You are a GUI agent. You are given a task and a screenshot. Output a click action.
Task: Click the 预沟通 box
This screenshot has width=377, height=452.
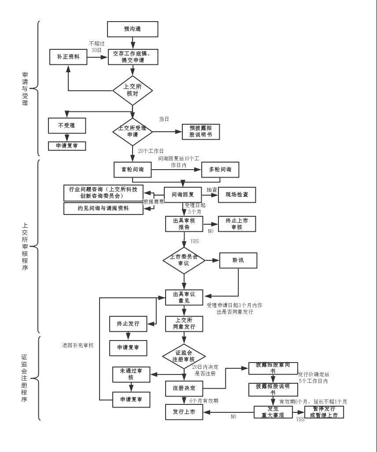click(x=133, y=30)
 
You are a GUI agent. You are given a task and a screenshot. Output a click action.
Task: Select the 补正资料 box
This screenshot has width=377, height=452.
click(x=68, y=57)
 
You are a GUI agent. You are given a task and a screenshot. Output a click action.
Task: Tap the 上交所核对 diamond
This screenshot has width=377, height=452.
click(x=133, y=90)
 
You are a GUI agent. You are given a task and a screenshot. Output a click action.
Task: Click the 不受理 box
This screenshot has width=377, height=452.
click(x=67, y=126)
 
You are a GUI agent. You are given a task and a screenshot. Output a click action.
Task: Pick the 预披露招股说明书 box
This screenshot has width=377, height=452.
click(x=200, y=132)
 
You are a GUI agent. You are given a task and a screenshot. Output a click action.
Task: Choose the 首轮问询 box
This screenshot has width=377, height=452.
click(x=133, y=170)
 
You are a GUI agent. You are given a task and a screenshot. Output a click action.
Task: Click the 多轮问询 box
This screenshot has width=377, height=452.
click(x=220, y=170)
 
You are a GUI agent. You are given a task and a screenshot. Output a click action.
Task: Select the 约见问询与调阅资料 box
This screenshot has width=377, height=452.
click(x=103, y=208)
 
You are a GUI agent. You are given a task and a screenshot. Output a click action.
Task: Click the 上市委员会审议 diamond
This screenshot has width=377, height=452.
click(x=184, y=260)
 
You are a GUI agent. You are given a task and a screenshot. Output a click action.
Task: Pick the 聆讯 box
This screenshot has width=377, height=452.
click(x=238, y=260)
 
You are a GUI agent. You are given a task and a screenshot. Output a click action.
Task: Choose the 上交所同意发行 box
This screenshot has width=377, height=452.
click(x=184, y=324)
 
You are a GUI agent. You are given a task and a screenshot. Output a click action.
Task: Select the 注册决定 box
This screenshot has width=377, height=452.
click(x=184, y=388)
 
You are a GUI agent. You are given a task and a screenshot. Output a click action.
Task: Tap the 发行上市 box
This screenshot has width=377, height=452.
click(x=184, y=412)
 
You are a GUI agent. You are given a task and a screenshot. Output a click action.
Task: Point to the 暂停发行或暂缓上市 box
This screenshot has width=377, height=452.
click(x=324, y=412)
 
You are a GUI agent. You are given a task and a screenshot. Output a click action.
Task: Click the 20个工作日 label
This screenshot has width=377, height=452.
click(x=151, y=151)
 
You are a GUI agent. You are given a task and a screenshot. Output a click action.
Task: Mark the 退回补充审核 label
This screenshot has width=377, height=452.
click(x=78, y=345)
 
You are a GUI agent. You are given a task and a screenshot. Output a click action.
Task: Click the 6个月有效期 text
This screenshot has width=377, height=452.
click(x=203, y=401)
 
